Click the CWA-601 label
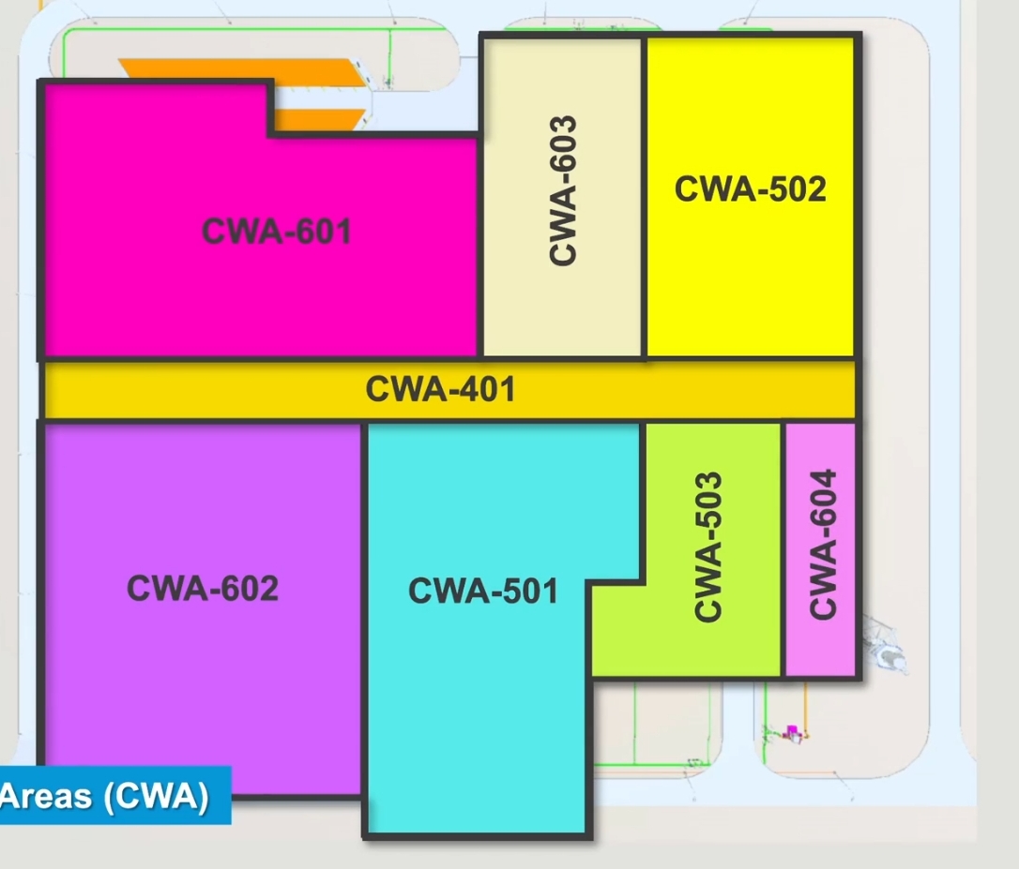click(277, 231)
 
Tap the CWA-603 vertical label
click(562, 190)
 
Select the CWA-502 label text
click(750, 189)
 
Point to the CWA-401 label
click(440, 389)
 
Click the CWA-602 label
click(203, 589)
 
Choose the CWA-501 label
click(482, 592)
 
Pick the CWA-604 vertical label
click(822, 544)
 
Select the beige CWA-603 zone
click(562, 309)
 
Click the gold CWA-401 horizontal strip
click(235, 390)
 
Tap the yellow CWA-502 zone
click(751, 281)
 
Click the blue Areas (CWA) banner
click(113, 796)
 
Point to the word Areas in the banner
click(45, 796)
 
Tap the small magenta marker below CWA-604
click(792, 728)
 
